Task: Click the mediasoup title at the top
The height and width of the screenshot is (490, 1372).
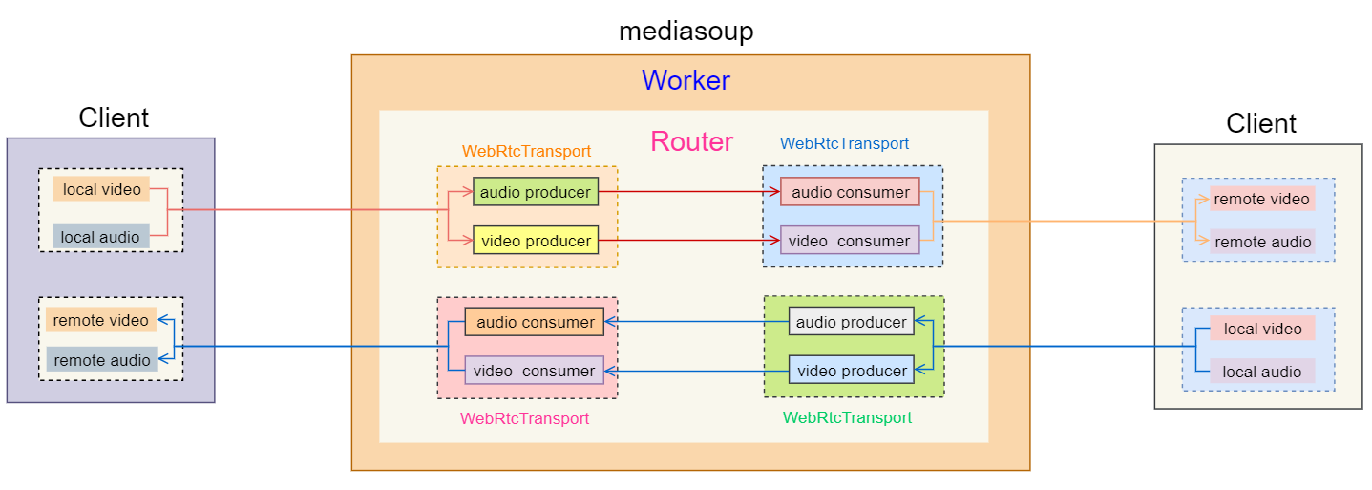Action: pos(686,31)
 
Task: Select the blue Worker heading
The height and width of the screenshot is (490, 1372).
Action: pos(686,80)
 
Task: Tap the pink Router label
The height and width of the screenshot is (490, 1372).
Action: pos(691,142)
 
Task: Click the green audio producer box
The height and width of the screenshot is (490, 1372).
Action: pos(535,192)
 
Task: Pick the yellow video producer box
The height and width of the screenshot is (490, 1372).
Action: pos(535,241)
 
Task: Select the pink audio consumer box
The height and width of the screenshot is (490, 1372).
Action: pos(850,192)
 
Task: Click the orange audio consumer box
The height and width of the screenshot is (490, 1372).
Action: pos(535,322)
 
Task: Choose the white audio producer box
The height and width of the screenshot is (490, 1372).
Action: pos(851,322)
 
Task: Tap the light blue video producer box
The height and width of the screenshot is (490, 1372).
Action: pos(851,371)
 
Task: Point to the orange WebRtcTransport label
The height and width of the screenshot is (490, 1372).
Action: pos(526,151)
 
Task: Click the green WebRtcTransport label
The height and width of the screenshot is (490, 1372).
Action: pos(847,417)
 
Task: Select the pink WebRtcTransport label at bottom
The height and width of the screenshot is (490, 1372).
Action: pos(524,418)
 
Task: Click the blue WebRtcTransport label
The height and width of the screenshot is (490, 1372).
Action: pos(844,143)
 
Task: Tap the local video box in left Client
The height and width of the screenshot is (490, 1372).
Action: pos(101,189)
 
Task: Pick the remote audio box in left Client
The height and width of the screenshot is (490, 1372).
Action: pos(101,360)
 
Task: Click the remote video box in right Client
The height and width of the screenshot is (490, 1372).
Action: pos(1261,199)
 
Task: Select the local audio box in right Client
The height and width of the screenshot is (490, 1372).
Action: pos(1261,372)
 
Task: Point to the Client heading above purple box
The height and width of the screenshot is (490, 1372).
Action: pos(114,118)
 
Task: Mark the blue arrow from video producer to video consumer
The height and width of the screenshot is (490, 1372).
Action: pos(697,371)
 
